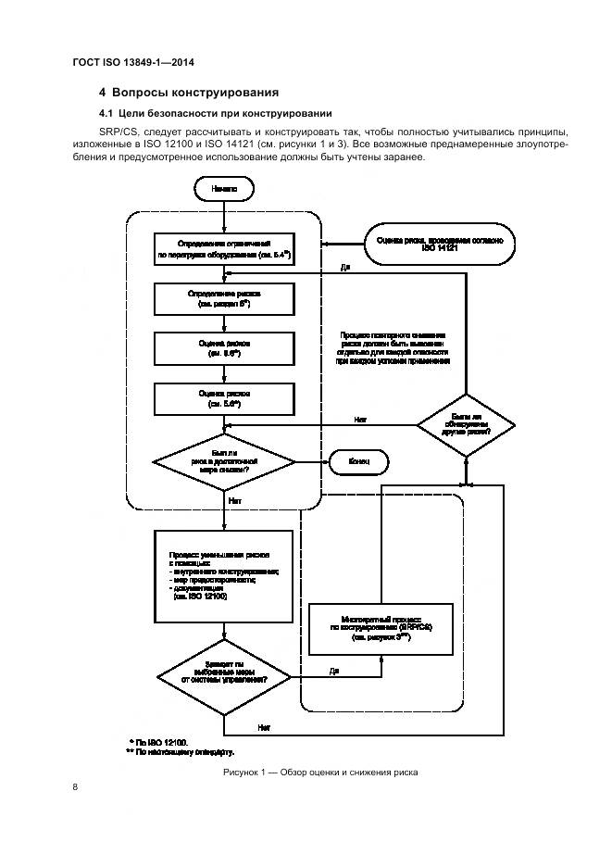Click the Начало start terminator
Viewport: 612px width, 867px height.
[224, 189]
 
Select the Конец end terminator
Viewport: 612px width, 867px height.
[356, 460]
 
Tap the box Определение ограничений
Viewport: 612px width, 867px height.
[225, 248]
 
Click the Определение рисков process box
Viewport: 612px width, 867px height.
[225, 297]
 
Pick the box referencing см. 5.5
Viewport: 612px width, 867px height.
[225, 348]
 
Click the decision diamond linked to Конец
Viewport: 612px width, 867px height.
[224, 461]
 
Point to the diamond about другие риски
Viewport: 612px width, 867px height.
[466, 423]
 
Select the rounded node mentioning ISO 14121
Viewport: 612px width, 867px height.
[439, 244]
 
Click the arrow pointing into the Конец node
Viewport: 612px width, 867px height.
[316, 460]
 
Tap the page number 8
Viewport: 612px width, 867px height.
[74, 786]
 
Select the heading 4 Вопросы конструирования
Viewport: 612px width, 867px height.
[189, 93]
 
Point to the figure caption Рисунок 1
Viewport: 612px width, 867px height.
[319, 772]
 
